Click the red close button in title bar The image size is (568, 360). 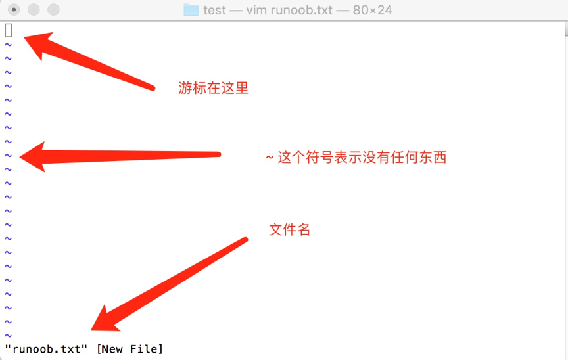[x=14, y=10]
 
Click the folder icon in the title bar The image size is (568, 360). [x=191, y=10]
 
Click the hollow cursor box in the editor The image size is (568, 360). [x=9, y=30]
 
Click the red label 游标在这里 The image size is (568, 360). [x=214, y=88]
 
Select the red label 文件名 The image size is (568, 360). [x=289, y=230]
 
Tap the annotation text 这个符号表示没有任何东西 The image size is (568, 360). [x=362, y=158]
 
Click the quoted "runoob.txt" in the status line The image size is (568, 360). [x=46, y=349]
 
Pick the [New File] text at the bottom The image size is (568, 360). [x=130, y=349]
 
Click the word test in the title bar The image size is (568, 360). [x=214, y=11]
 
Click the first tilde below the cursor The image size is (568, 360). [x=9, y=45]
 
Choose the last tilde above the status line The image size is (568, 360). [x=9, y=336]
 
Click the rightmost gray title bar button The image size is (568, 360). [x=53, y=10]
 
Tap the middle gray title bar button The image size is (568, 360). [x=34, y=10]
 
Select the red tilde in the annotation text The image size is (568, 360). [x=270, y=158]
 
